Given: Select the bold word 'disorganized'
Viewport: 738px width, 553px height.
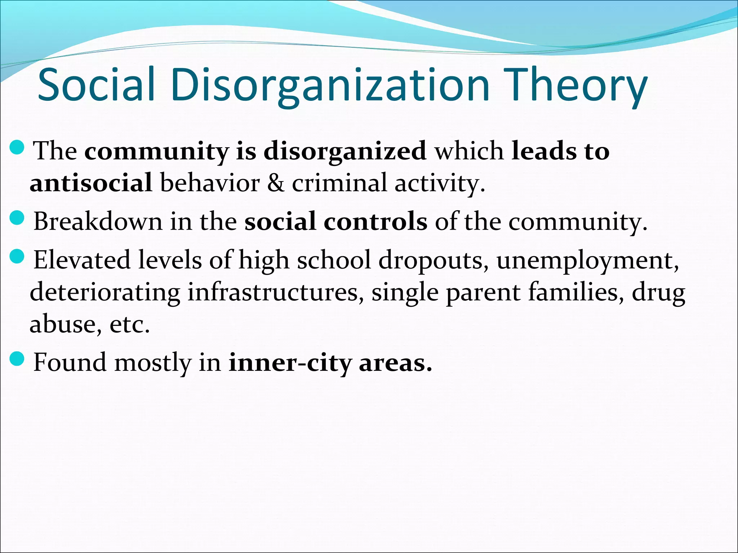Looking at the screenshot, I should tap(345, 151).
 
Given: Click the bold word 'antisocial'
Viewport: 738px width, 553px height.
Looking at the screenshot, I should tap(91, 183).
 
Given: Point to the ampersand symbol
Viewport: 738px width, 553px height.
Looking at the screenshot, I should tap(276, 183).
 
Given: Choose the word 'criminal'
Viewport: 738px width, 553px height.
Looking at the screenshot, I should tap(339, 183).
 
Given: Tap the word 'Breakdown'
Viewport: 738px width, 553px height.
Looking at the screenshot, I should tap(98, 221).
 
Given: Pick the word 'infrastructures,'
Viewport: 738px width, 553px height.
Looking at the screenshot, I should tap(276, 292).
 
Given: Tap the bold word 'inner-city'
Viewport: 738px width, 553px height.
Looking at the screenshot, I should tap(290, 363).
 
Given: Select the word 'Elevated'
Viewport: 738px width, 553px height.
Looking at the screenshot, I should tap(82, 260).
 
